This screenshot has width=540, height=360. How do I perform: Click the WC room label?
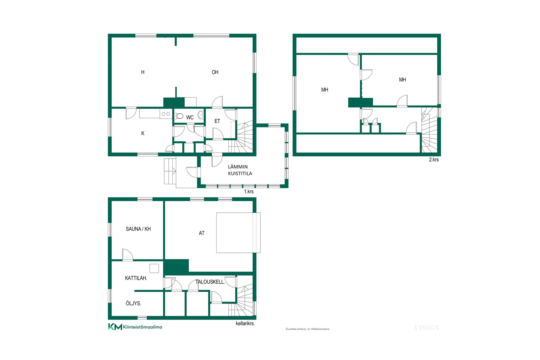click(x=190, y=118)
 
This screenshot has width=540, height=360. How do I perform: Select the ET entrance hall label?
click(x=217, y=121)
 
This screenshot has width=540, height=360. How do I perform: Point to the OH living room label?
click(x=215, y=72)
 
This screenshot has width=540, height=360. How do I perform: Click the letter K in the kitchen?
click(x=143, y=133)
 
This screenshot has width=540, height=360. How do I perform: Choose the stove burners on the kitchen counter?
click(x=166, y=114)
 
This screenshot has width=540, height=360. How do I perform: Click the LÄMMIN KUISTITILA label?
click(x=240, y=170)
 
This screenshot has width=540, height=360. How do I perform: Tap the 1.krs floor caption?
click(x=249, y=192)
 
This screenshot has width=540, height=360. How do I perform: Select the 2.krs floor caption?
click(x=434, y=159)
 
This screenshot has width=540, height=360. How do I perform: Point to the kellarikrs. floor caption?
click(x=245, y=323)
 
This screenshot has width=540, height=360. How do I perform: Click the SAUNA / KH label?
click(x=138, y=229)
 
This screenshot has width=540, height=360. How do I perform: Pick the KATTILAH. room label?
click(x=136, y=278)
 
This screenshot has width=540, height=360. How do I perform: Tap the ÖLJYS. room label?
click(x=133, y=303)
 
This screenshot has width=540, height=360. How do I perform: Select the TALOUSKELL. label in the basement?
click(x=210, y=282)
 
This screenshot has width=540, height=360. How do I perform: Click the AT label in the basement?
click(x=202, y=233)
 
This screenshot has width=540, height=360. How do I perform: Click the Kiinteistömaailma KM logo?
click(x=135, y=327)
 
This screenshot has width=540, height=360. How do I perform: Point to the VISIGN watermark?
click(x=427, y=328)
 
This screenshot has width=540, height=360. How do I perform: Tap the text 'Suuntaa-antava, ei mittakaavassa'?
click(x=307, y=329)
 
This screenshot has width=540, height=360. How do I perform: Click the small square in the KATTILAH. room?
click(x=154, y=268)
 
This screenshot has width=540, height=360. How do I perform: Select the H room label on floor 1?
click(x=143, y=72)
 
